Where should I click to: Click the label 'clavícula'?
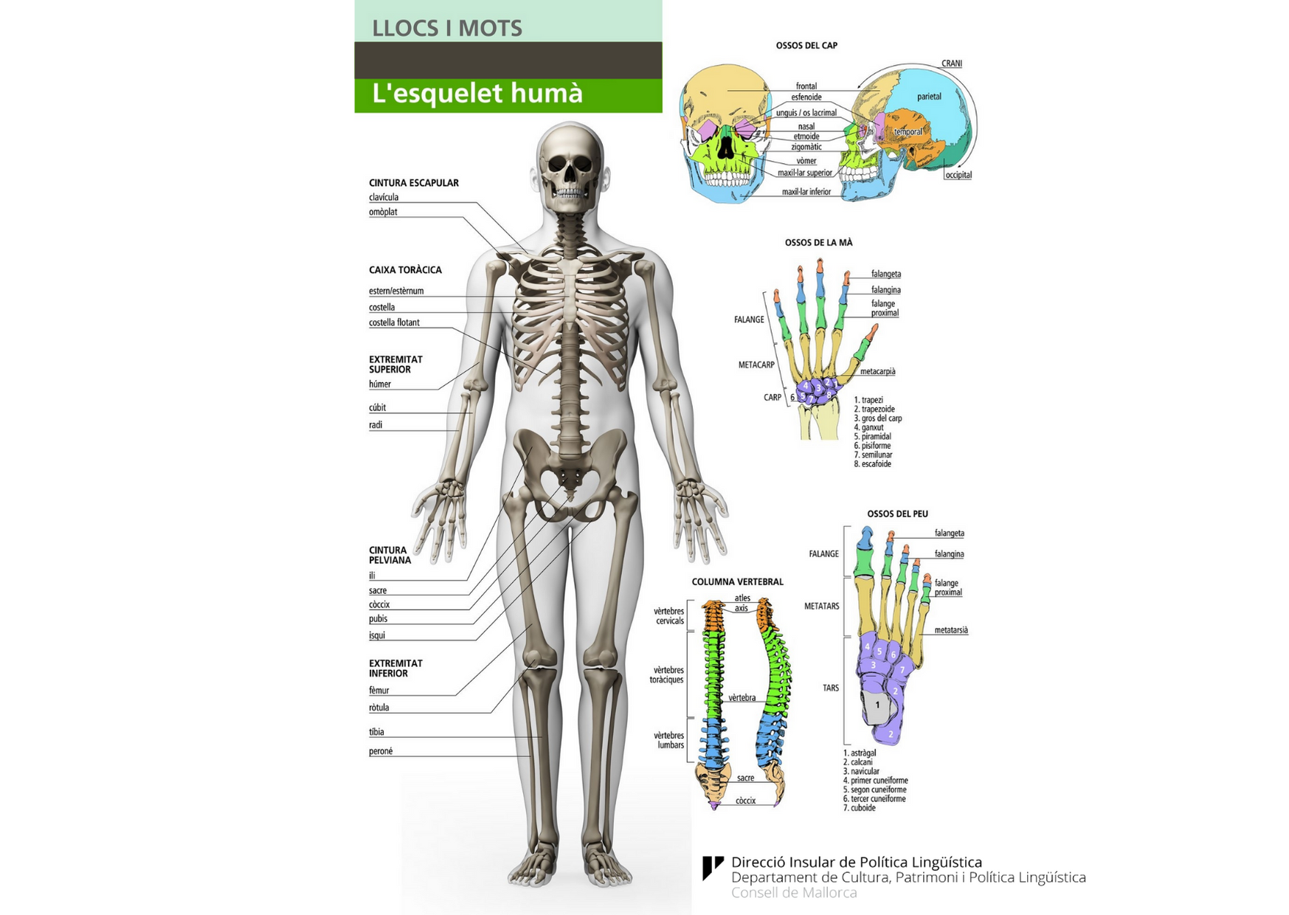tap(384, 198)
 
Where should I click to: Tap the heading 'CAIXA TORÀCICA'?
tap(405, 270)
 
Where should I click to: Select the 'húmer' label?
tap(380, 384)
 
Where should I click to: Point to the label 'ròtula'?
tap(379, 708)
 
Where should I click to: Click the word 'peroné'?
tap(381, 751)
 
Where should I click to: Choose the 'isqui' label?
tap(377, 635)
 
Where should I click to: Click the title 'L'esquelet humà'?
tap(477, 94)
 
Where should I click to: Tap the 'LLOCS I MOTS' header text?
tap(447, 28)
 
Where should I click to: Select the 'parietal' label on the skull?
tap(929, 97)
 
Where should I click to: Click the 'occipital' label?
tap(958, 175)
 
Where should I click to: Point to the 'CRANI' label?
tap(952, 63)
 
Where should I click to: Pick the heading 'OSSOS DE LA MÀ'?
tap(818, 242)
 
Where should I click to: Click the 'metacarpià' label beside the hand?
tap(877, 371)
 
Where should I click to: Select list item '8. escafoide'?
tap(873, 464)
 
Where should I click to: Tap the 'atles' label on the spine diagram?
tap(742, 598)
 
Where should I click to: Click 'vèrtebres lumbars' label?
tap(669, 740)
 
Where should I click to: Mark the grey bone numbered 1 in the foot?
tap(877, 705)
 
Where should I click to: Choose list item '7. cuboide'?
tap(860, 808)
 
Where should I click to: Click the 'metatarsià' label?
tap(951, 630)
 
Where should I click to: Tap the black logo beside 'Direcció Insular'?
tap(712, 867)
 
